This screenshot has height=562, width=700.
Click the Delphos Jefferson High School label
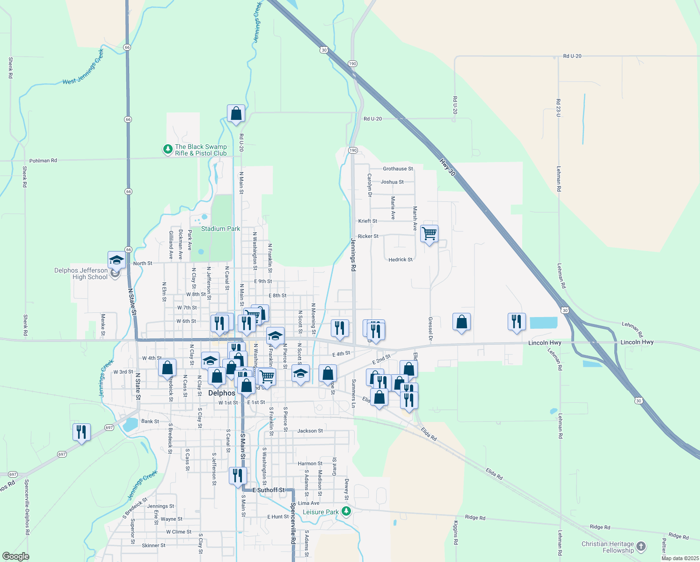point(81,274)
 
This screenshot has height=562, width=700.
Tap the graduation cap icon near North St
point(116,260)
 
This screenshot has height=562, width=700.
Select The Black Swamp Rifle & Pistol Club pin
point(168,149)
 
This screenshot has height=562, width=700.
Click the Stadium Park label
point(220,229)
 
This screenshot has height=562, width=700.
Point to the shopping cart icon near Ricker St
point(429,233)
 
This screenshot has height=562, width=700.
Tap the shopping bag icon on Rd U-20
point(236,113)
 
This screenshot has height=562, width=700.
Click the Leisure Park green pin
point(346,511)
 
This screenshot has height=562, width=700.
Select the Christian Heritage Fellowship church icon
point(641,546)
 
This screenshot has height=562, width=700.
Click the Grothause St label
point(398,169)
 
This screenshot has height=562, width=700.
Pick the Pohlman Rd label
point(43,161)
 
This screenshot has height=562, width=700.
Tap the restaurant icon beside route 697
point(81,432)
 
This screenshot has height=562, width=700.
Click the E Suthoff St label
point(269,490)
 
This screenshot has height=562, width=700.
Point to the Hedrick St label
point(401,259)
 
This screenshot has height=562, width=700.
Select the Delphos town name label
point(221,393)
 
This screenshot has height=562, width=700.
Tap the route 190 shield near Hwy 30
point(352,63)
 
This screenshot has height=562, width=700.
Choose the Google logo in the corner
point(15,556)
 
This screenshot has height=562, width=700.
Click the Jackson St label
point(310,430)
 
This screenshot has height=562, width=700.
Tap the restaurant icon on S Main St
point(238,475)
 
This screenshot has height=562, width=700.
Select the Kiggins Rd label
point(456,532)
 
